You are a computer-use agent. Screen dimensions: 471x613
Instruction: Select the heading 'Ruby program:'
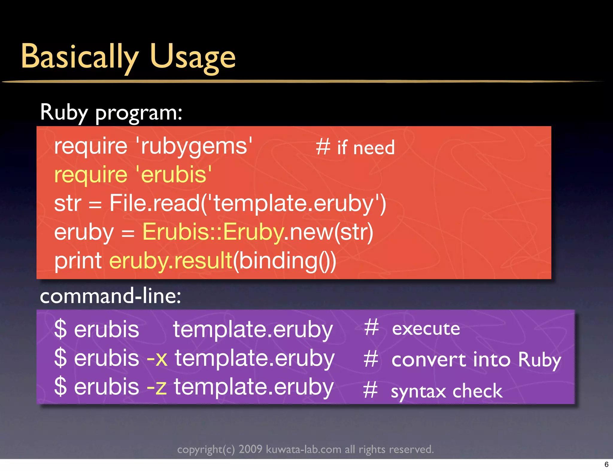[111, 112]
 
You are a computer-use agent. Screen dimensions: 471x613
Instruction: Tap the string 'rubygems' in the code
[194, 146]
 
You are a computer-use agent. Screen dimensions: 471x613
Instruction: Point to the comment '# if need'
[355, 148]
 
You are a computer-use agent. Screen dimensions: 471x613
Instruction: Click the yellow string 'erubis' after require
[174, 175]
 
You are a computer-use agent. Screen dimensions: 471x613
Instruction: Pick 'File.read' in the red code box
[154, 203]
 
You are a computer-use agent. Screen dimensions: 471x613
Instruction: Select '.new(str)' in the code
[329, 232]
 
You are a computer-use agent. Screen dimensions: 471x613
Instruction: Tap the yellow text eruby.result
[171, 261]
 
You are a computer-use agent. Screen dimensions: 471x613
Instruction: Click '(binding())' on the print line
[285, 261]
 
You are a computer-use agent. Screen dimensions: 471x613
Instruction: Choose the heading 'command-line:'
[110, 296]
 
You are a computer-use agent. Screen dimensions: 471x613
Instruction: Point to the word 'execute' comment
[426, 329]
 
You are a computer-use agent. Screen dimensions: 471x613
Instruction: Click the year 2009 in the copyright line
[250, 449]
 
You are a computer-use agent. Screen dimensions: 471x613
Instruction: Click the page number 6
[606, 464]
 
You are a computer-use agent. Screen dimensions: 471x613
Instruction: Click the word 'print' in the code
[78, 261]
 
